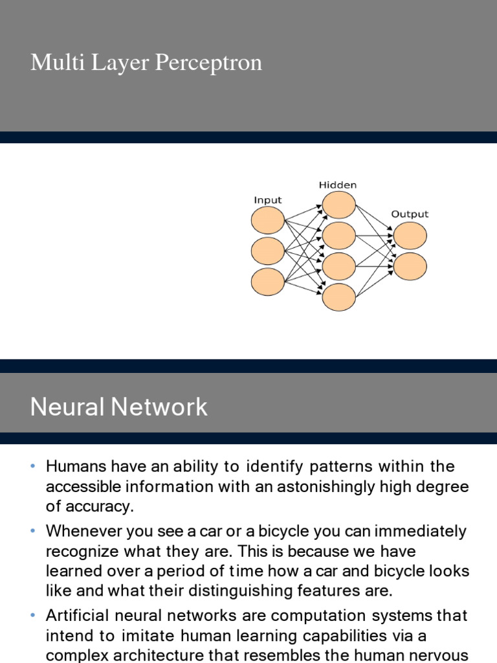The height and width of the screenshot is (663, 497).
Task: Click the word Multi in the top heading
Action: click(x=52, y=63)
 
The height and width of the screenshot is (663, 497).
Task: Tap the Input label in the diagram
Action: click(x=267, y=200)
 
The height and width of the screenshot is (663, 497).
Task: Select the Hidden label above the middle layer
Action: click(x=338, y=185)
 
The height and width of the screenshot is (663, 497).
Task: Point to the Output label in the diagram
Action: click(x=410, y=214)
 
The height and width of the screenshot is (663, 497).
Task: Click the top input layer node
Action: click(x=268, y=221)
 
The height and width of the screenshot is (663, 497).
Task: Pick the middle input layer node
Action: click(x=268, y=251)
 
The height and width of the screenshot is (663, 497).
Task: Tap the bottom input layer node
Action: click(x=268, y=282)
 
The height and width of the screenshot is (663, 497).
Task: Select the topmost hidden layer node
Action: click(x=339, y=205)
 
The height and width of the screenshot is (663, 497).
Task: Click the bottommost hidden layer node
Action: click(x=339, y=297)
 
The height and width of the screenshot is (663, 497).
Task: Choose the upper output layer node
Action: click(x=410, y=236)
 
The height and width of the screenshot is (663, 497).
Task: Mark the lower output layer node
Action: click(x=410, y=266)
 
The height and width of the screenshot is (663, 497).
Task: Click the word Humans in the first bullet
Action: click(x=71, y=467)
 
